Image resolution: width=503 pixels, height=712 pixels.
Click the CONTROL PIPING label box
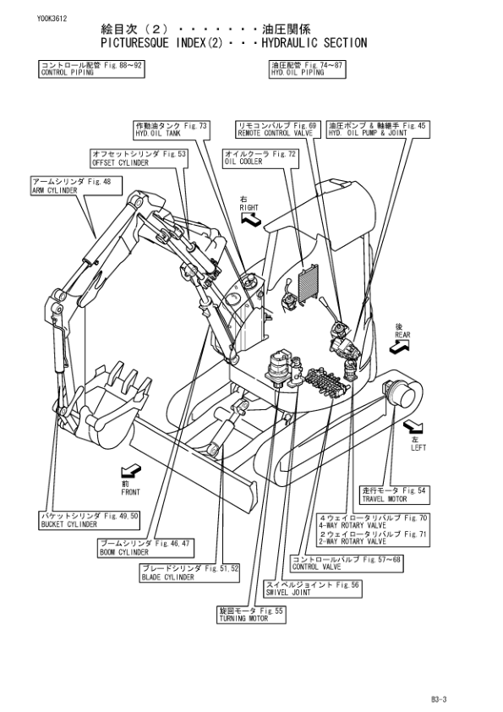point(91,68)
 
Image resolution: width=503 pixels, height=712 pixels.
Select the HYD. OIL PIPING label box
point(306,68)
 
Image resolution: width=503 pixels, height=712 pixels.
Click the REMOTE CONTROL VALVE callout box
point(277,129)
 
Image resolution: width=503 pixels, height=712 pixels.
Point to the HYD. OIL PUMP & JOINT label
point(378,129)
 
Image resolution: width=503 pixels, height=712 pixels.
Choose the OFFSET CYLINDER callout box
point(139,158)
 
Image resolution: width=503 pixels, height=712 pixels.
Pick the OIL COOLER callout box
point(260,158)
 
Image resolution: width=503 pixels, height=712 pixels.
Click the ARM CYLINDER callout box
point(76,186)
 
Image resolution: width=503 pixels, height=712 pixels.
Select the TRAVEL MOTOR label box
point(395,495)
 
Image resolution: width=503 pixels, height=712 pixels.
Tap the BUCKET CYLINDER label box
point(89,520)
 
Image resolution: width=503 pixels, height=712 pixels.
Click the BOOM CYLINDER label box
point(145,548)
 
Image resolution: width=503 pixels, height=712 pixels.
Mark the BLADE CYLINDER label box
point(189,573)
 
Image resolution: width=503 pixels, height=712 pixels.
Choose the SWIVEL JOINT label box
point(314,589)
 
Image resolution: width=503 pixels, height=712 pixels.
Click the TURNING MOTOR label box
point(252,615)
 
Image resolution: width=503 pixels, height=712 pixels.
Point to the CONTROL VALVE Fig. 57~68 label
point(347,563)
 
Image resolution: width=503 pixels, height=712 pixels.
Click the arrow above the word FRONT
point(131,471)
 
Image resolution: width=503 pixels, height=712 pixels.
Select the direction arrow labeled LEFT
point(413,427)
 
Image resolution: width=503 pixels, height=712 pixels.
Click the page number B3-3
point(440,699)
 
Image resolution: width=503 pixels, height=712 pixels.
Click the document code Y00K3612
point(52,19)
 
